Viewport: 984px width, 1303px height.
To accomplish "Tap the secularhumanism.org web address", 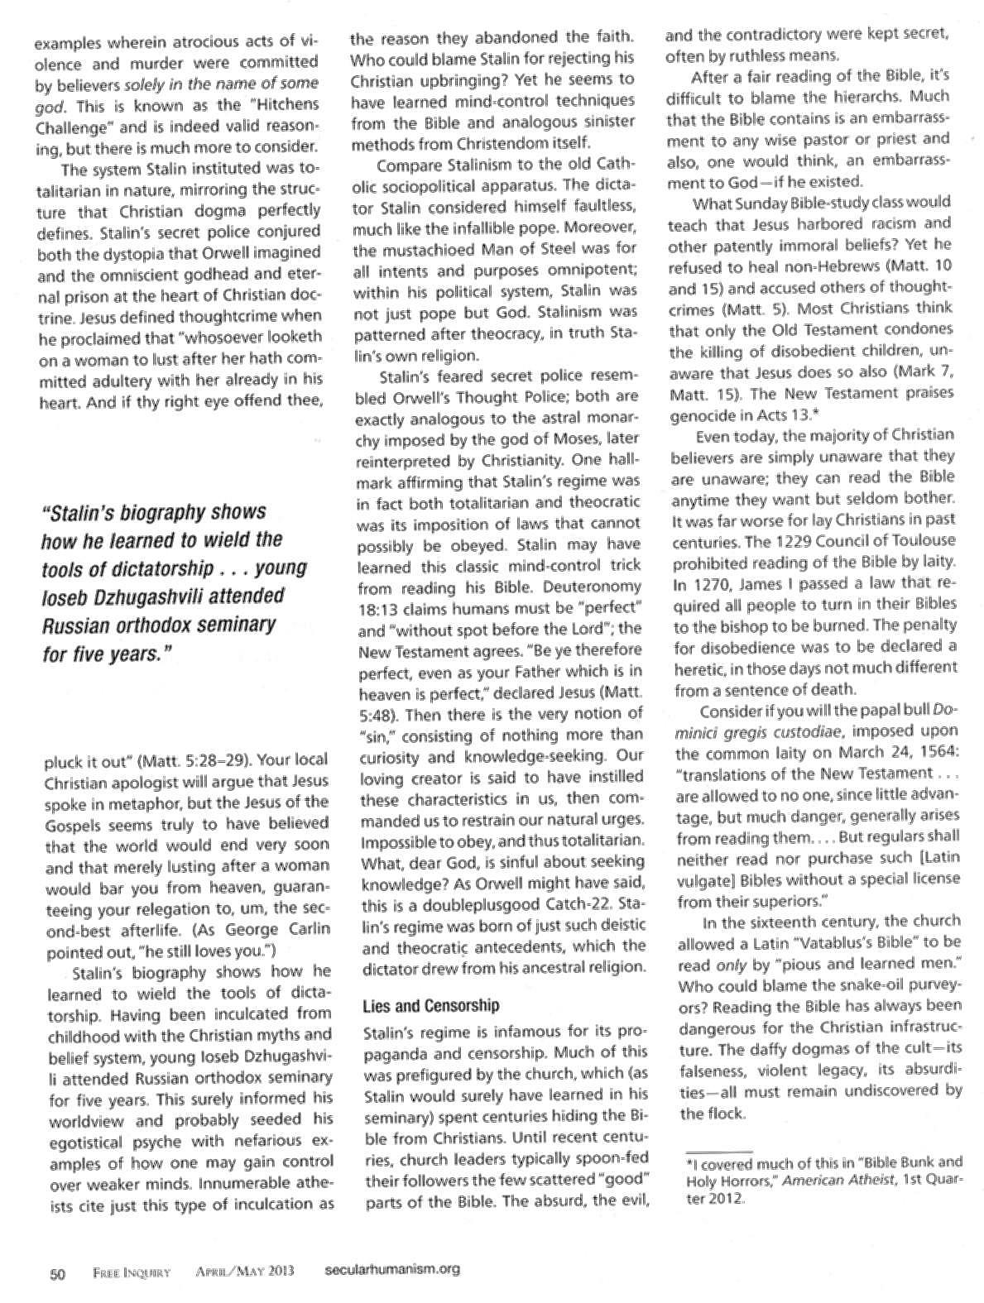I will click(389, 1270).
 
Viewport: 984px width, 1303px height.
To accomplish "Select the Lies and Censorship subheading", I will click(431, 1006).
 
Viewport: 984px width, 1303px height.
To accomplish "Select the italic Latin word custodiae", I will click(838, 731).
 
